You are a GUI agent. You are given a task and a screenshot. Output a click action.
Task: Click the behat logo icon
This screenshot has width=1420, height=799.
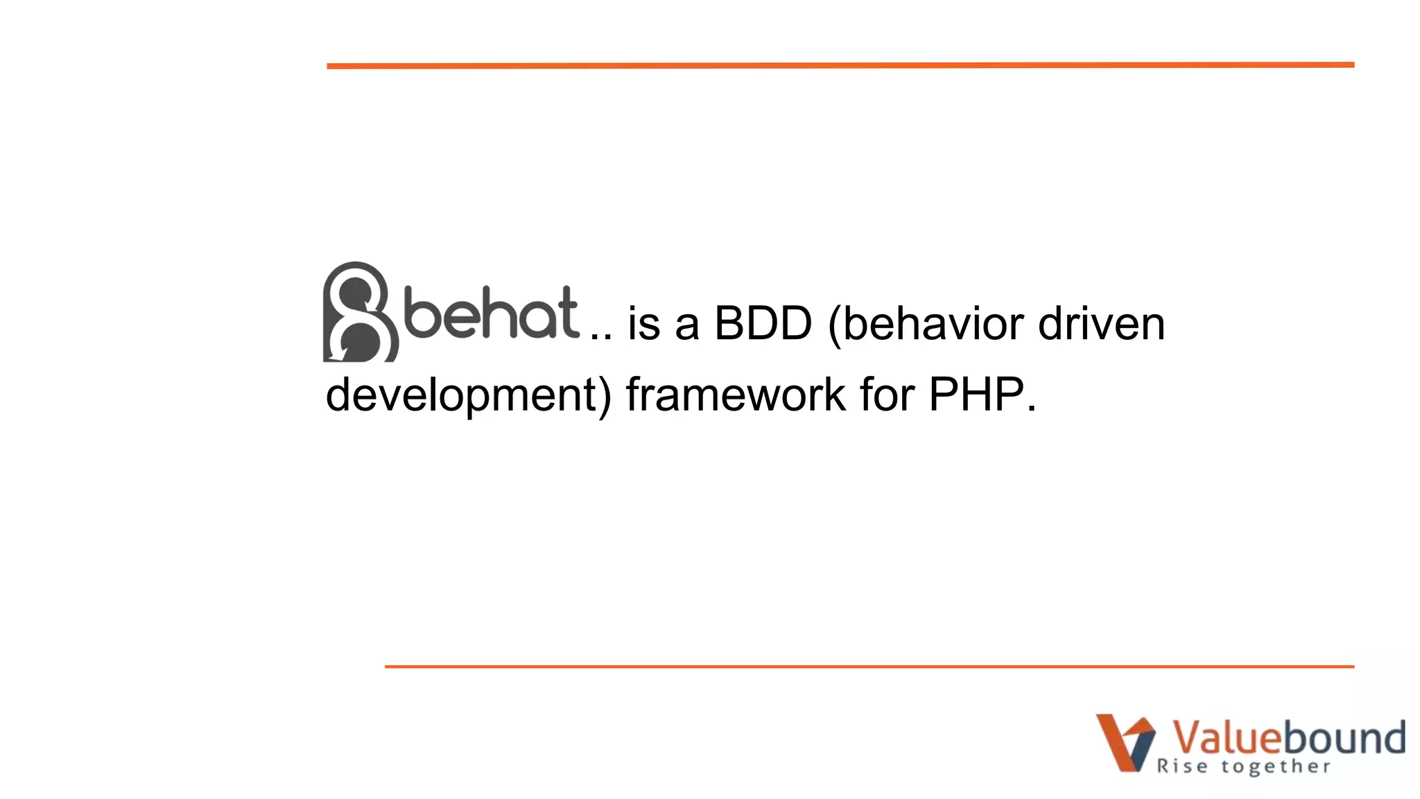[360, 312]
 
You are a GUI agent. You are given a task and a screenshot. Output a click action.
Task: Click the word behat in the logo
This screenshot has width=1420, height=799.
[491, 313]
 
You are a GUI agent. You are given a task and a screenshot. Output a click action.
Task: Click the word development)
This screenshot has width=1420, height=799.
[469, 395]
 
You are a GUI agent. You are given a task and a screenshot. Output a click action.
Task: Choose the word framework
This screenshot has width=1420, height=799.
[736, 395]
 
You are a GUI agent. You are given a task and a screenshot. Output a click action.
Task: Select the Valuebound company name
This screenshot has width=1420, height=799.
[1288, 737]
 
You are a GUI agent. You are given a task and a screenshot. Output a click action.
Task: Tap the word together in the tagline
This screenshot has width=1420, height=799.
[1276, 766]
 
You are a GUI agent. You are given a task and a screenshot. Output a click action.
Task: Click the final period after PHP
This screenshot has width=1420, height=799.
[1032, 409]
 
